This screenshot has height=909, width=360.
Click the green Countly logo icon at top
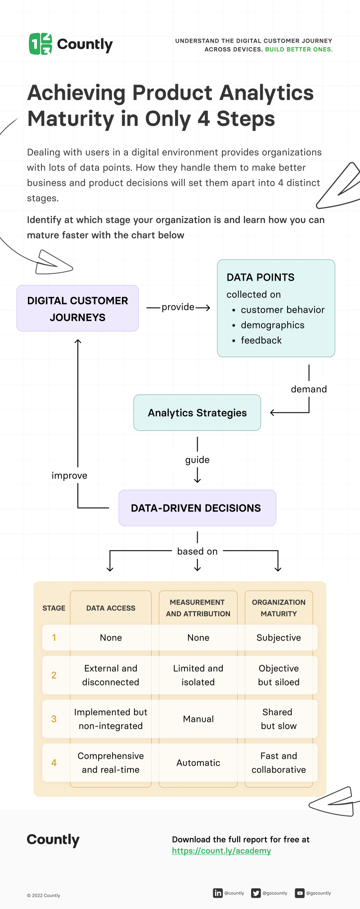40,44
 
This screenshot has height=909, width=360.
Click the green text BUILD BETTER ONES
299,49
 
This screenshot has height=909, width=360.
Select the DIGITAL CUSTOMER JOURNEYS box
77,309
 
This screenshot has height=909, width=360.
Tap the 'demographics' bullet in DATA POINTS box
272,325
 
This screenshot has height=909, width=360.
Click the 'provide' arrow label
178,307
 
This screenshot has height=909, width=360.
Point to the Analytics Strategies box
197,413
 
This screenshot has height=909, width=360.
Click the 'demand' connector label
309,389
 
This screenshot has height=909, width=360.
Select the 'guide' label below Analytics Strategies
197,460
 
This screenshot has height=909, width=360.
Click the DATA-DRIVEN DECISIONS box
197,508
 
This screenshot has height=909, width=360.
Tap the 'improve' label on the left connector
69,475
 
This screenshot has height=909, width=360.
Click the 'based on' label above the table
197,551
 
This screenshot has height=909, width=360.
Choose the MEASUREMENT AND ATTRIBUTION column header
198,608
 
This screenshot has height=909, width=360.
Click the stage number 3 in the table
54,719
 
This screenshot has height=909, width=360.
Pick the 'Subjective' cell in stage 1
279,638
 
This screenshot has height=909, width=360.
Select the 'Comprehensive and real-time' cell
111,763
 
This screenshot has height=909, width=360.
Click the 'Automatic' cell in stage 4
198,763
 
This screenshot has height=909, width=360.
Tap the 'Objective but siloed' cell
279,675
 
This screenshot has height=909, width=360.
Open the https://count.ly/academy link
221,851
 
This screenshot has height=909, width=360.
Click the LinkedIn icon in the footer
218,893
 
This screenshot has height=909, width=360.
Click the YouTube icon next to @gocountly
300,893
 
